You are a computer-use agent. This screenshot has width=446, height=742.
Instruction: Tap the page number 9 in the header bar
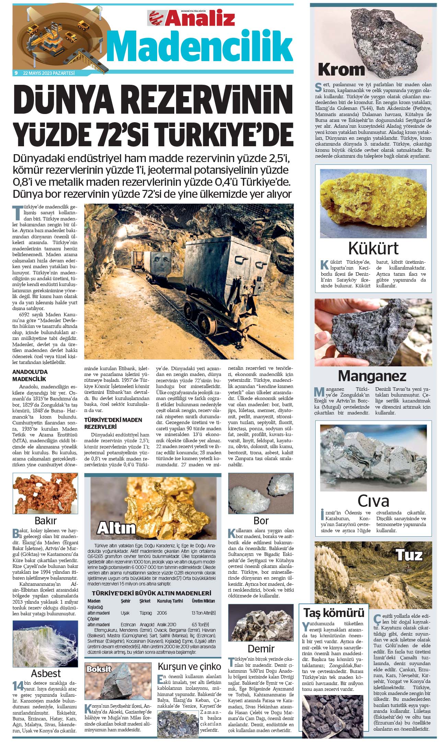[x=16, y=73]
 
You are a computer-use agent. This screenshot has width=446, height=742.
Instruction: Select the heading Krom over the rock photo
[x=341, y=70]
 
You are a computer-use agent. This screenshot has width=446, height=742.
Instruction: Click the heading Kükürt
[x=373, y=248]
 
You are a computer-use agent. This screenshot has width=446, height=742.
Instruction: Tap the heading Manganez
[x=372, y=376]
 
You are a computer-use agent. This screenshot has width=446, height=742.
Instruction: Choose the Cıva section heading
[x=373, y=501]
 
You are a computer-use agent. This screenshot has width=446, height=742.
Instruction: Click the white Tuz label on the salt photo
[x=409, y=555]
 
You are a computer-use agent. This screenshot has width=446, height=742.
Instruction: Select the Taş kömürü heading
[x=334, y=613]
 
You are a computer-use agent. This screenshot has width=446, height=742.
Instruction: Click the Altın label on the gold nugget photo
[x=116, y=528]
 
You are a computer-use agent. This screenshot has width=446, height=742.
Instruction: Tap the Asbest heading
[x=46, y=673]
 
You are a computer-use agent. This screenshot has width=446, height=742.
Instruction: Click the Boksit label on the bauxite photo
[x=99, y=669]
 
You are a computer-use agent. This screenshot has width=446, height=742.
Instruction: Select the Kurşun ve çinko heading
[x=189, y=666]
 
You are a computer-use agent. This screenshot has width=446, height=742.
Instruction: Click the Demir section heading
[x=261, y=649]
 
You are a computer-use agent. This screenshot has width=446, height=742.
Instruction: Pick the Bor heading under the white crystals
[x=261, y=521]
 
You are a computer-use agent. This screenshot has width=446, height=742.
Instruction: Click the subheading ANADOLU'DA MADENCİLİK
[x=30, y=375]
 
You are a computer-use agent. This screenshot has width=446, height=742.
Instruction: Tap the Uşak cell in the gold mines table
[x=125, y=613]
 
